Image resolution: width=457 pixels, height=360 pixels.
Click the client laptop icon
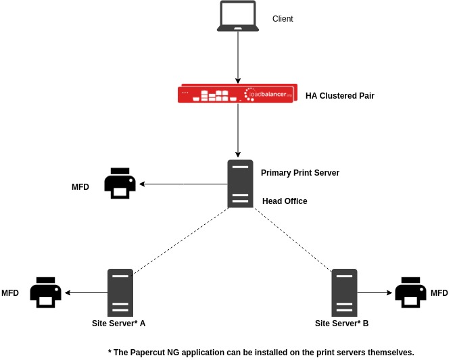[x=238, y=16]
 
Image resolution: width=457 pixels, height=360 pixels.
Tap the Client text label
[x=283, y=19]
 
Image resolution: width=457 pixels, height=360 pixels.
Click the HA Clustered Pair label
[x=339, y=96]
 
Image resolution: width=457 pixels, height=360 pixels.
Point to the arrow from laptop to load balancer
[x=238, y=57]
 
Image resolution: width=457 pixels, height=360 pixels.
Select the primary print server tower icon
[x=240, y=184]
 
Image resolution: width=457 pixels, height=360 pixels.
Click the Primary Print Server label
[x=299, y=173]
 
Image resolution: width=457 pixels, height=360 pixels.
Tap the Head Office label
[x=285, y=201]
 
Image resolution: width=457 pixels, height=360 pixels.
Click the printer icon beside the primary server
[x=120, y=184]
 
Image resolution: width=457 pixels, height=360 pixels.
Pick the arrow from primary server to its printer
[x=183, y=184]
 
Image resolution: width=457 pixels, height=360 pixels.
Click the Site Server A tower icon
[x=120, y=292]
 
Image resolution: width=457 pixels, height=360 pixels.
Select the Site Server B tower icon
[x=344, y=292]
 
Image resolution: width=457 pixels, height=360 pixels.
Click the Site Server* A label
[x=118, y=324]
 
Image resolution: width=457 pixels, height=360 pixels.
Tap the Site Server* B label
[x=341, y=324]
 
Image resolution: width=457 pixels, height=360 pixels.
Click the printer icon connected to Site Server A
[x=45, y=292]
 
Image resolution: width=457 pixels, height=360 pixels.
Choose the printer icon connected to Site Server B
[x=410, y=292]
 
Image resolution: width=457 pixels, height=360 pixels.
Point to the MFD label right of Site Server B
[x=439, y=293]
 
